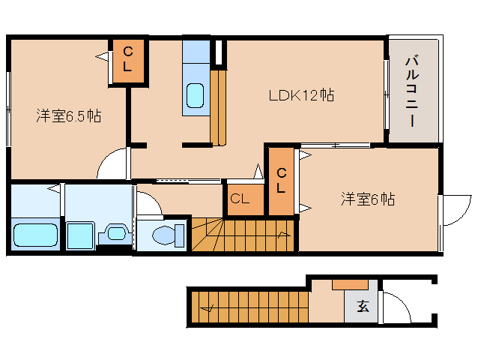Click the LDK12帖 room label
[x=301, y=96]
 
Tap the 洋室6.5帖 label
[x=69, y=116]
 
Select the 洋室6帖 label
[x=368, y=199]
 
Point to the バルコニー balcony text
[x=412, y=91]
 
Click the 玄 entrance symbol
[x=363, y=306]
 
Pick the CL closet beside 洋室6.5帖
[x=127, y=58]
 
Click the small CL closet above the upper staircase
[x=240, y=199]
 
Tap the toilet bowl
[x=165, y=235]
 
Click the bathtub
[x=35, y=235]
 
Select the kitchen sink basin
[x=194, y=95]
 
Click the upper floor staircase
[x=243, y=235]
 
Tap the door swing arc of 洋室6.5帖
[x=113, y=163]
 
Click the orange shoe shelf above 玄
[x=349, y=285]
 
